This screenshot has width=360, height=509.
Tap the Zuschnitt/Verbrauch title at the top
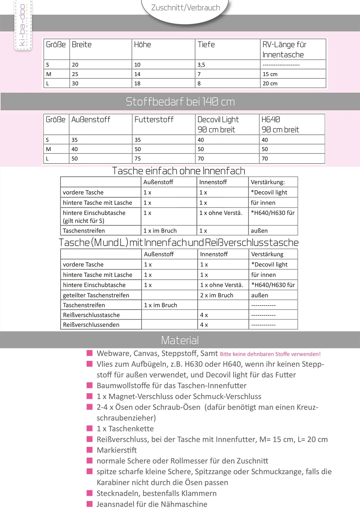coord(185,7)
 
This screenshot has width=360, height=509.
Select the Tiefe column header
coord(206,45)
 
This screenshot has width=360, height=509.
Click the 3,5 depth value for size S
coord(201,65)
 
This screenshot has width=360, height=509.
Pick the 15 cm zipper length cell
coord(270,74)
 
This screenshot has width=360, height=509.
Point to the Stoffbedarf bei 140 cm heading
coord(180,102)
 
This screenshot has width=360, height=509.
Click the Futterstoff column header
coord(154,120)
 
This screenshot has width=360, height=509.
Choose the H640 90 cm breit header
coord(280,124)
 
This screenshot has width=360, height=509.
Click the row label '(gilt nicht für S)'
coord(83,221)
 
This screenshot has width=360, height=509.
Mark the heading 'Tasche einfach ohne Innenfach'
coord(179,171)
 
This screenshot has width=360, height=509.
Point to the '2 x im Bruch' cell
coord(217,295)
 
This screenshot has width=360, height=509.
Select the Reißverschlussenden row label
coord(91,325)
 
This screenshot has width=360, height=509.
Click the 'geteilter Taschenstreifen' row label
coord(96,295)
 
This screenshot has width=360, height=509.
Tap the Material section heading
coord(180,340)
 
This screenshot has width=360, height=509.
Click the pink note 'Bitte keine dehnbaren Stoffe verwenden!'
coord(270,354)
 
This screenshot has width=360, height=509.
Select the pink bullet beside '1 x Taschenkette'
coord(90,428)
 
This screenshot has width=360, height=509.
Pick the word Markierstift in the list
coord(117,450)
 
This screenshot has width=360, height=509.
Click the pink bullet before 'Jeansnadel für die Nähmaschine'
coord(90,504)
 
